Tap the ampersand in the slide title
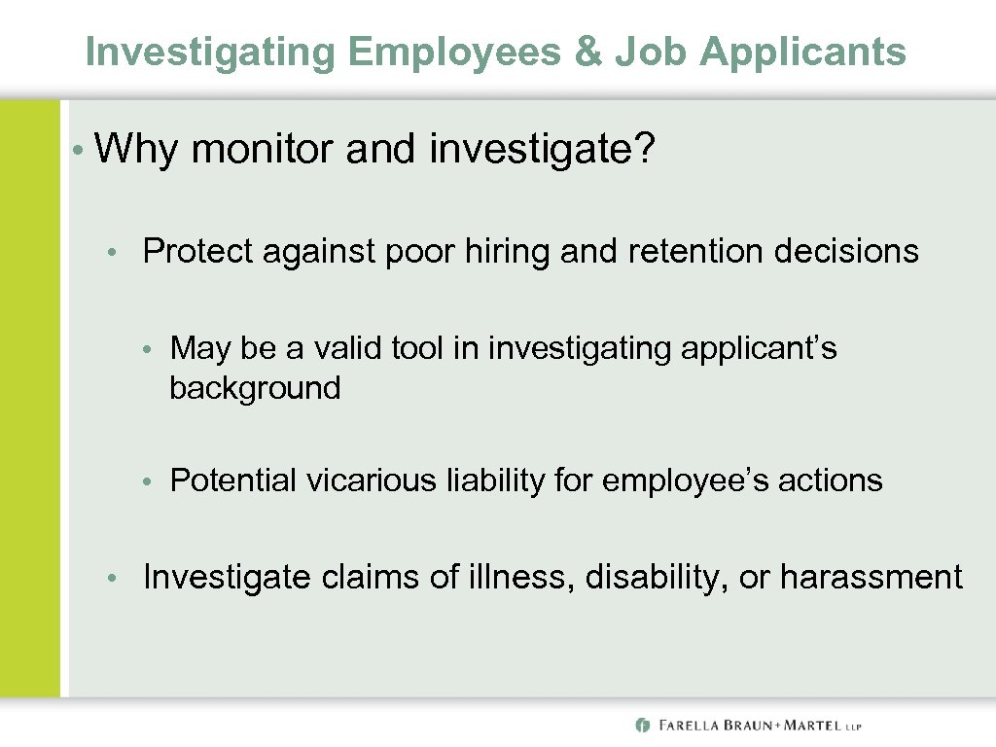[588, 52]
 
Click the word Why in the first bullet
[136, 150]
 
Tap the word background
[255, 388]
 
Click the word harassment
[871, 578]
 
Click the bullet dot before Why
[77, 152]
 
